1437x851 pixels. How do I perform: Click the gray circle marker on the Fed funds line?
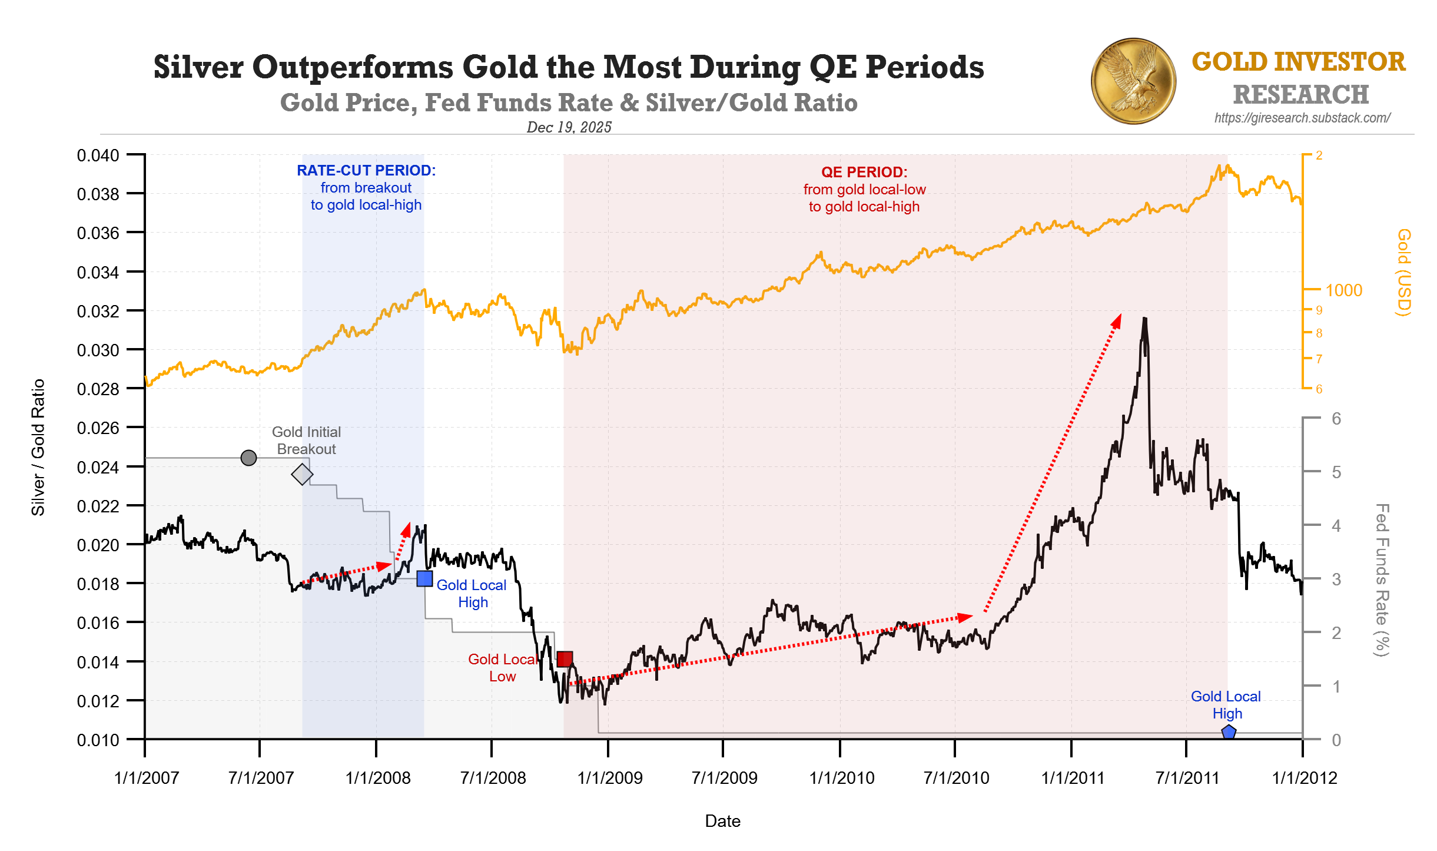coord(248,458)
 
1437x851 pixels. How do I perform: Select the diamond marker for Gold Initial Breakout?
coord(302,474)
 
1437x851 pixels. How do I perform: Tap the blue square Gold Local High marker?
coord(424,578)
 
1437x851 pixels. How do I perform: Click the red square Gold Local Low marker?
coord(565,658)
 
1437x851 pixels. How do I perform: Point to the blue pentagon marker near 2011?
coord(1229,733)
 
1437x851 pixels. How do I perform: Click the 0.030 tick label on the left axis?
coord(98,350)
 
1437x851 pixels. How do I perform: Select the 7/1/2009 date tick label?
coord(724,777)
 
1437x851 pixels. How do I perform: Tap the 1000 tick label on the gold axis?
coord(1343,290)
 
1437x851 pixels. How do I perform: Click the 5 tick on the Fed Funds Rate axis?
coord(1336,472)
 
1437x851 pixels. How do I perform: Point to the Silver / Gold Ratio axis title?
coord(38,448)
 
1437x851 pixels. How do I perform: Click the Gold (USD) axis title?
coord(1404,272)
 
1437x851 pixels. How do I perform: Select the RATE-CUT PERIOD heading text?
coord(366,170)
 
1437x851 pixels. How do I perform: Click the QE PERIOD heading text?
coord(864,172)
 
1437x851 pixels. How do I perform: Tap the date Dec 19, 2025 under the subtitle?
coord(569,127)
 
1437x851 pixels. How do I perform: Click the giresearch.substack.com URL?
coord(1302,118)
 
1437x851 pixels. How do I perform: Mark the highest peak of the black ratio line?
coord(1144,319)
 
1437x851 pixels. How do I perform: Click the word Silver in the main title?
coord(198,67)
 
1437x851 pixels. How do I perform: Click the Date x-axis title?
coord(722,820)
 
